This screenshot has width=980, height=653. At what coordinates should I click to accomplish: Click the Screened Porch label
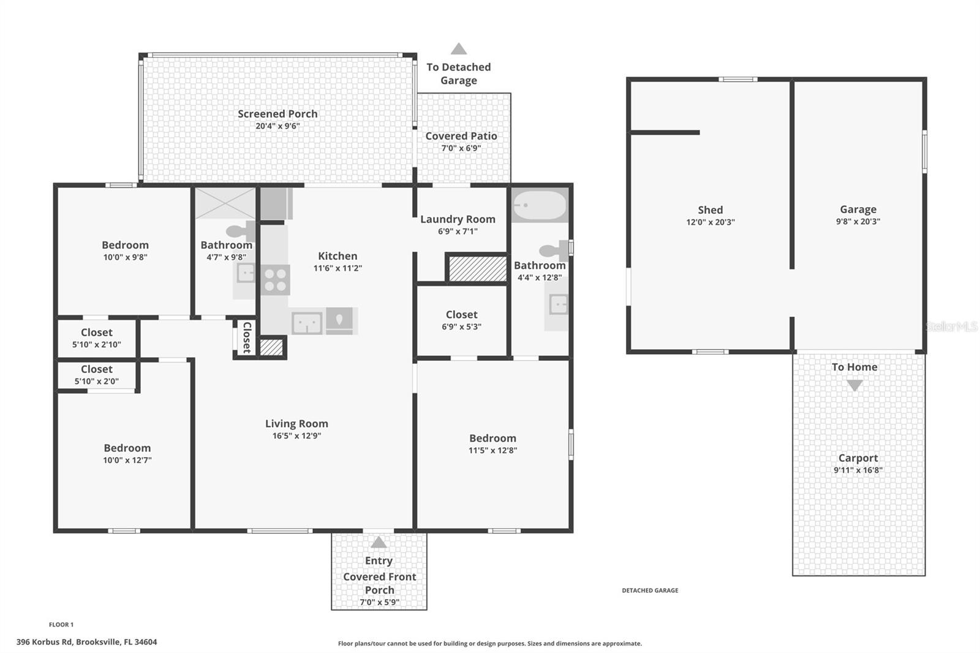click(x=277, y=114)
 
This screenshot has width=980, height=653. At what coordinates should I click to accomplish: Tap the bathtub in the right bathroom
click(x=540, y=206)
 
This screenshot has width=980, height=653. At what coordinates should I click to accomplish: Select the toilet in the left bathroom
click(x=241, y=231)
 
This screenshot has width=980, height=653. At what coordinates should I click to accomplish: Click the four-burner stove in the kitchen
click(x=275, y=280)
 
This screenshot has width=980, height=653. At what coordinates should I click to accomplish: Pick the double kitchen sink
click(x=307, y=323)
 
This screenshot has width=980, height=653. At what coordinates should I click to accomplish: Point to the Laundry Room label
click(x=458, y=219)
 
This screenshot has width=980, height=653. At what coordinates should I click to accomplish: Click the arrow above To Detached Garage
click(x=459, y=49)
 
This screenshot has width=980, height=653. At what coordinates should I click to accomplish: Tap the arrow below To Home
click(x=854, y=385)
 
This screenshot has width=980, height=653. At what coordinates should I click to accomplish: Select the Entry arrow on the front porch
click(x=379, y=542)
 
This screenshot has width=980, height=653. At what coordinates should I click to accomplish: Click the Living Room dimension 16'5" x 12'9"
click(x=296, y=436)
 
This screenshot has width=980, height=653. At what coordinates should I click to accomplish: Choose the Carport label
click(x=858, y=458)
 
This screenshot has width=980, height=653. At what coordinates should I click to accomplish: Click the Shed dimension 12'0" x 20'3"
click(x=710, y=222)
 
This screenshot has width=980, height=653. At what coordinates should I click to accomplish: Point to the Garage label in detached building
click(x=858, y=209)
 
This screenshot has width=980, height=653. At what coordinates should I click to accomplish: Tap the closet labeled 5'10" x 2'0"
click(x=96, y=374)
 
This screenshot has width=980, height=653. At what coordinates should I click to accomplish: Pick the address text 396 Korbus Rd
click(x=86, y=642)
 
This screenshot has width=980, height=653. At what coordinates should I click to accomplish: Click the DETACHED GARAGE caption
click(x=650, y=591)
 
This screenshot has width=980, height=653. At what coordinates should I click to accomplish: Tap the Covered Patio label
click(x=461, y=136)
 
